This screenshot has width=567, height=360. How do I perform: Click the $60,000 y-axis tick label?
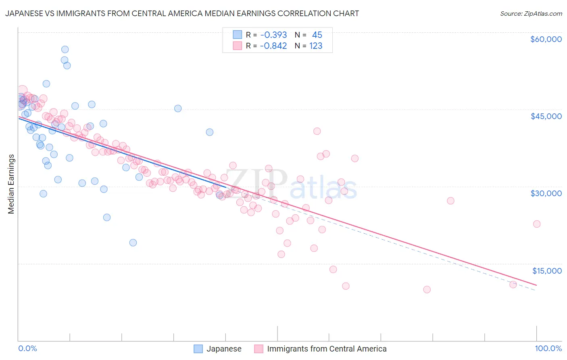pyautogui.click(x=546, y=39)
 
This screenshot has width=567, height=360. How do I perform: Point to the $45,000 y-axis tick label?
pyautogui.click(x=546, y=116)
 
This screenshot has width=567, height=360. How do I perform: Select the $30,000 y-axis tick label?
pyautogui.click(x=546, y=193)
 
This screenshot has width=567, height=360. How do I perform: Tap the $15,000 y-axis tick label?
pyautogui.click(x=547, y=271)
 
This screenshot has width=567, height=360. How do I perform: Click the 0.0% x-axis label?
pyautogui.click(x=27, y=348)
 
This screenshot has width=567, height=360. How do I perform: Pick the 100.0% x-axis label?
pyautogui.click(x=548, y=348)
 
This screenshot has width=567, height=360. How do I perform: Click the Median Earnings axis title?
pyautogui.click(x=11, y=184)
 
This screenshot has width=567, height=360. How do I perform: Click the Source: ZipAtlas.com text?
pyautogui.click(x=531, y=14)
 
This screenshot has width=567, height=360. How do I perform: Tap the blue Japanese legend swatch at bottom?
pyautogui.click(x=198, y=349)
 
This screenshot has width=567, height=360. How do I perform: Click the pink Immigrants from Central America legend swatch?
pyautogui.click(x=258, y=349)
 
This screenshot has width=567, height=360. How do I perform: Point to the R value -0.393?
pyautogui.click(x=273, y=35)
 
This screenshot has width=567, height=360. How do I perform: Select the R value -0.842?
pyautogui.click(x=273, y=46)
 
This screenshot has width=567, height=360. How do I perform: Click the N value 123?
pyautogui.click(x=316, y=46)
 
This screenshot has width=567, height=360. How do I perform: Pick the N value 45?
pyautogui.click(x=317, y=35)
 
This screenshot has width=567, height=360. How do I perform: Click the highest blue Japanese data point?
pyautogui.click(x=65, y=50)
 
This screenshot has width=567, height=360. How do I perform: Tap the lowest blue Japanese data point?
pyautogui.click(x=133, y=243)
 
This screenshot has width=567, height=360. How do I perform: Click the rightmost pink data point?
pyautogui.click(x=537, y=224)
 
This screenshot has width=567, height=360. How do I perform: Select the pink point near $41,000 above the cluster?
pyautogui.click(x=317, y=131)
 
